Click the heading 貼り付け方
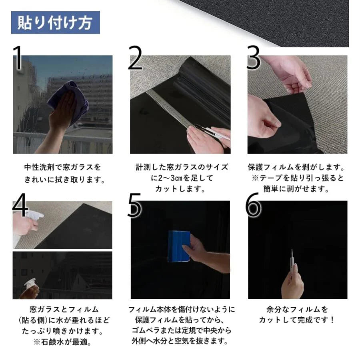[55, 22]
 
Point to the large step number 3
[253, 58]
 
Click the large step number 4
[20, 205]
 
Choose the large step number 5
[136, 205]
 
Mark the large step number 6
[254, 205]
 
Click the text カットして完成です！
[296, 320]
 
